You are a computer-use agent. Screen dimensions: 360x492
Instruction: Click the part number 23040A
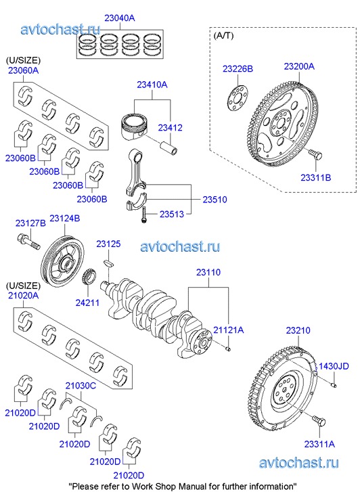tap(120, 18)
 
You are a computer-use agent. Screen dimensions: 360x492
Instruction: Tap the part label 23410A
tap(152, 85)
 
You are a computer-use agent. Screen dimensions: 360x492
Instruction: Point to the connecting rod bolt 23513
tap(143, 215)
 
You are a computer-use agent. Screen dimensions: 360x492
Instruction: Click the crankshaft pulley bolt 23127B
tap(28, 242)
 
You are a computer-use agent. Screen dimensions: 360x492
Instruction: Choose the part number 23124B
tap(65, 218)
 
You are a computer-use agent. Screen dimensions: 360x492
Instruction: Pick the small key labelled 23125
tap(108, 263)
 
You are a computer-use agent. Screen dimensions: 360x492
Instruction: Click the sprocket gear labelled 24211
tap(89, 277)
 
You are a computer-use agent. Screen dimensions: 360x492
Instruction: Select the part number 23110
tap(208, 272)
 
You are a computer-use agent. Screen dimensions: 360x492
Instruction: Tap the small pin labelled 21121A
tap(228, 349)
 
